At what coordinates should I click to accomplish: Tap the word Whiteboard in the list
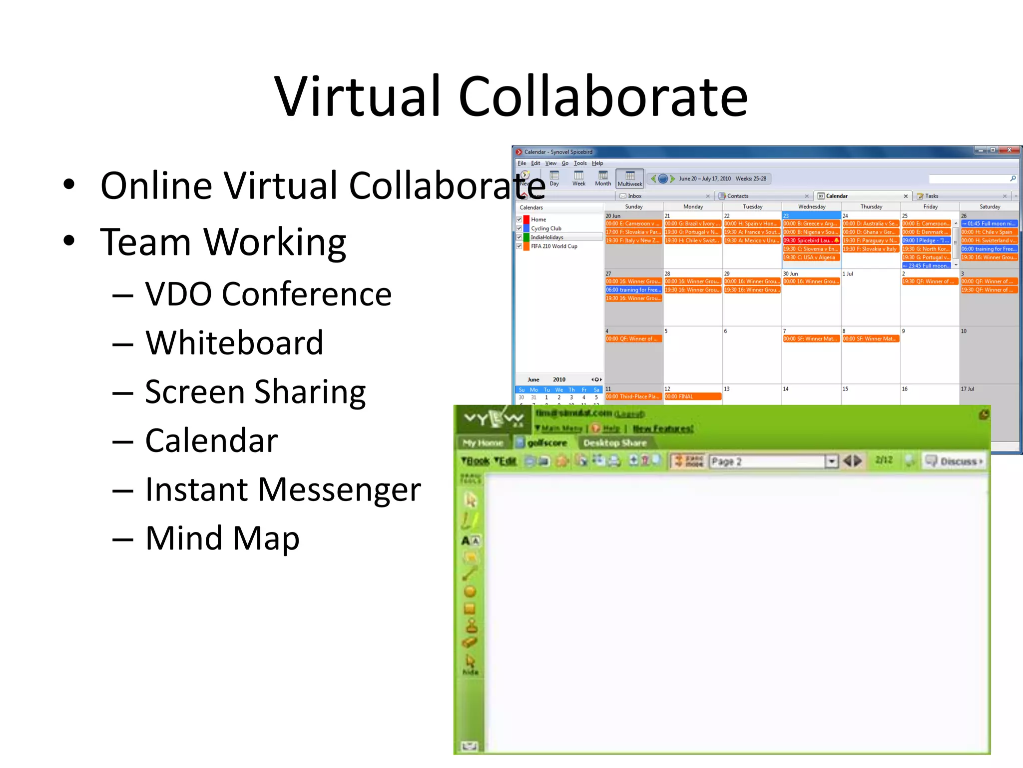click(234, 343)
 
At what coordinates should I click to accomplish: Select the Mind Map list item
click(222, 538)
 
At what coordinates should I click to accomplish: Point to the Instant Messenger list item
click(283, 489)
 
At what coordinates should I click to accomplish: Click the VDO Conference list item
click(268, 294)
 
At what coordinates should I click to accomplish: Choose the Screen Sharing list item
click(255, 392)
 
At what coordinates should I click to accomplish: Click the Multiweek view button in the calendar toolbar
click(630, 178)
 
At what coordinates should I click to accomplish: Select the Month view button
click(603, 178)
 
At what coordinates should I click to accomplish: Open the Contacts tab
click(737, 196)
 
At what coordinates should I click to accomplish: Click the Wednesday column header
click(812, 206)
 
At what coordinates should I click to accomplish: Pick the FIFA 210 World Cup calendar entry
click(554, 246)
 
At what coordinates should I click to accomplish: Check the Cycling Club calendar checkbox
click(519, 228)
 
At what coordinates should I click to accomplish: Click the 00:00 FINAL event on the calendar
click(692, 397)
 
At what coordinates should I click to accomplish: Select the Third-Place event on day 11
click(633, 397)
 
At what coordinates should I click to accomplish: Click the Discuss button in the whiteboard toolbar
click(954, 461)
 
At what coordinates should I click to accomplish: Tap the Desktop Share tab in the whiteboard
click(614, 443)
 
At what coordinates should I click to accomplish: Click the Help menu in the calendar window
click(597, 163)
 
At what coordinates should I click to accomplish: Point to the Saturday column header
click(990, 206)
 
